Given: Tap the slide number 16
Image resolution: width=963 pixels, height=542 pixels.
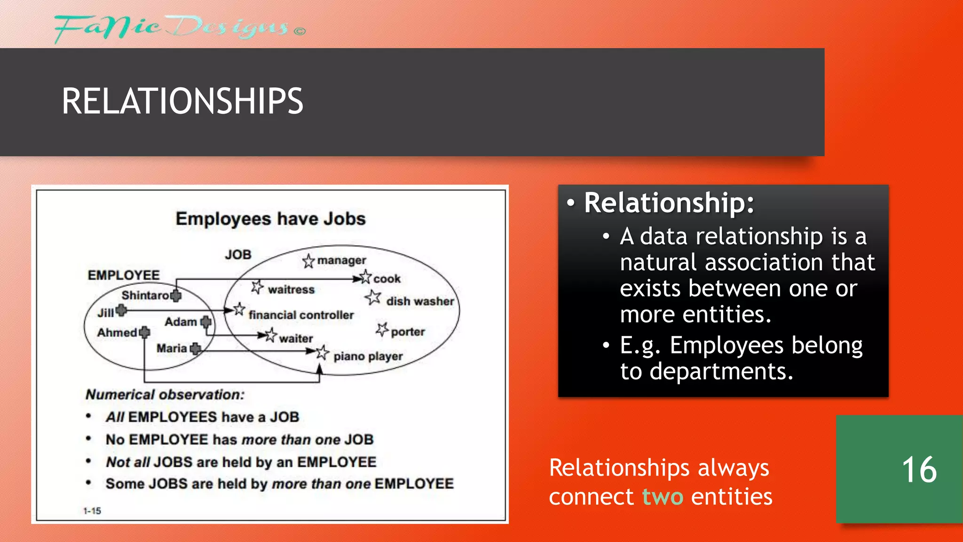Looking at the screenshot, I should pos(919,470).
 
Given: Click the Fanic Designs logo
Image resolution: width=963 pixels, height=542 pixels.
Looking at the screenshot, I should pos(179,28).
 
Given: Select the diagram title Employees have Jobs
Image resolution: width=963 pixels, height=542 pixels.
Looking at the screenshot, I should pos(270,219).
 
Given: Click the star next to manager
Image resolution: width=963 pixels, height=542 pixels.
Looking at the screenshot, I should pos(308,261).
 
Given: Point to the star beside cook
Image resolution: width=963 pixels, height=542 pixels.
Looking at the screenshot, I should pos(365,277).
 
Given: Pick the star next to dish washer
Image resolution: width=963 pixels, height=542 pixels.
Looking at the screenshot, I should pos(373,297).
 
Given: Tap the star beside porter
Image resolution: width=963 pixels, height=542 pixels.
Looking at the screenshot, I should pos(382,329).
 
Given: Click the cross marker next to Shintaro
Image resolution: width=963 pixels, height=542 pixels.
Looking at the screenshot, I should pos(176,295).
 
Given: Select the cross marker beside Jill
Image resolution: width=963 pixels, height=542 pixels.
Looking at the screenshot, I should pos(121,310).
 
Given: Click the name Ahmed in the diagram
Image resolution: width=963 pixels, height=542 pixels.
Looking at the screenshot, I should pos(117,333).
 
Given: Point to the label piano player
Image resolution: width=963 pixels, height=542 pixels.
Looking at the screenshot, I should pos(368,356).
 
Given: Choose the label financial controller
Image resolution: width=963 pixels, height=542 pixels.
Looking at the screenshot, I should pos(301,315).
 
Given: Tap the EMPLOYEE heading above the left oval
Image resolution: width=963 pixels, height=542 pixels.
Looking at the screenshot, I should pos(124,275).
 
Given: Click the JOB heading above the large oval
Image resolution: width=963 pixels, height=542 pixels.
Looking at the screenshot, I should pos(238,255).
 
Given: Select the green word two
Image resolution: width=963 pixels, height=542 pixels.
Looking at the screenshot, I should pos(663,497).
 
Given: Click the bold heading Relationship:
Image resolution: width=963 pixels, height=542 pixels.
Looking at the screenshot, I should pos(669,203).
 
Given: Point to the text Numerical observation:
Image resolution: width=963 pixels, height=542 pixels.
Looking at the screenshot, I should pos(165,394).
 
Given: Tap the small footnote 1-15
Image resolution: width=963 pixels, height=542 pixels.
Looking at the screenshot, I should pos(92,511).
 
